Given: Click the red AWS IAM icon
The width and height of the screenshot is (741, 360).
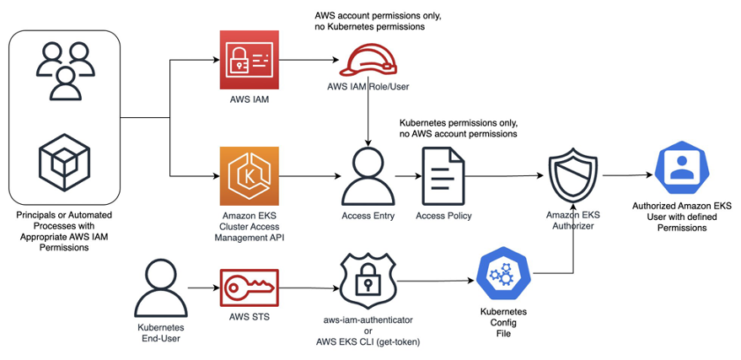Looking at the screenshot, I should pyautogui.click(x=248, y=61).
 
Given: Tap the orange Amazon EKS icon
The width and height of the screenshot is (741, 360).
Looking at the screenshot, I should pyautogui.click(x=248, y=176).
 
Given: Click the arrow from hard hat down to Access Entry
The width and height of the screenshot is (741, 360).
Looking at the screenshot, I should pyautogui.click(x=368, y=118).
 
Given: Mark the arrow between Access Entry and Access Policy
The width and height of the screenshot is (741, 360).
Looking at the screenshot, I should pyautogui.click(x=407, y=176).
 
